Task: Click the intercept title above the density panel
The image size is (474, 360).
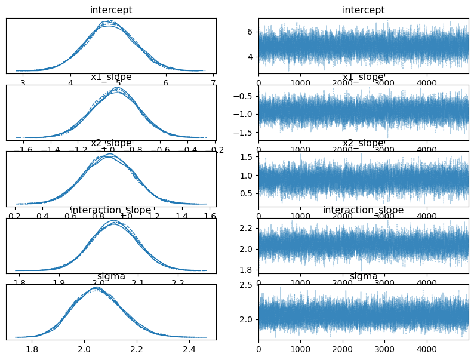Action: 111,10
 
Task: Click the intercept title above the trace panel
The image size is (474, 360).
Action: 363,10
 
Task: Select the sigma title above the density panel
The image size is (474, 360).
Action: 111,276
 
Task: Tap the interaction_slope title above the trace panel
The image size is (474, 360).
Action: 363,210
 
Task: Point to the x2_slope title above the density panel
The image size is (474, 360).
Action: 111,143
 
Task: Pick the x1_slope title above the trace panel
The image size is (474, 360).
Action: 363,77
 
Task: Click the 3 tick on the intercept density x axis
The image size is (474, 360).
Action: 23,82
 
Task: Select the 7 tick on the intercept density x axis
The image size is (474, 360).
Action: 213,82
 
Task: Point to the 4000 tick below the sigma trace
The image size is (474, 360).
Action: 426,349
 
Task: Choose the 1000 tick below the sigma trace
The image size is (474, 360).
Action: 300,349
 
